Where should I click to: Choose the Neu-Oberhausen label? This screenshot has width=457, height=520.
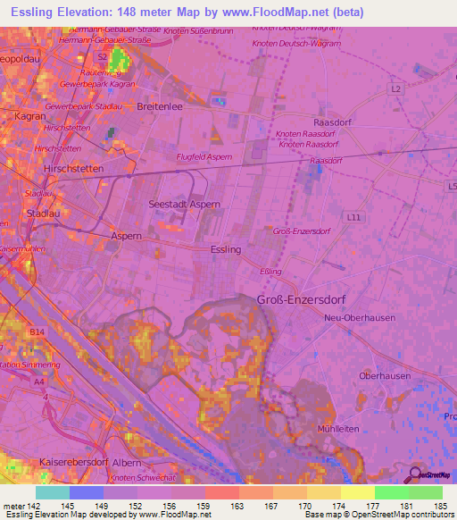[361, 318]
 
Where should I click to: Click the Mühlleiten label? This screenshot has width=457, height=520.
[337, 429]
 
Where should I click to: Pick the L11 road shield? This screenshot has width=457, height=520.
[355, 217]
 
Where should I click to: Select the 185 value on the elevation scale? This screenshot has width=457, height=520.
[441, 505]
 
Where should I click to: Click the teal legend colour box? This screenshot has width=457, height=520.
[53, 492]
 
